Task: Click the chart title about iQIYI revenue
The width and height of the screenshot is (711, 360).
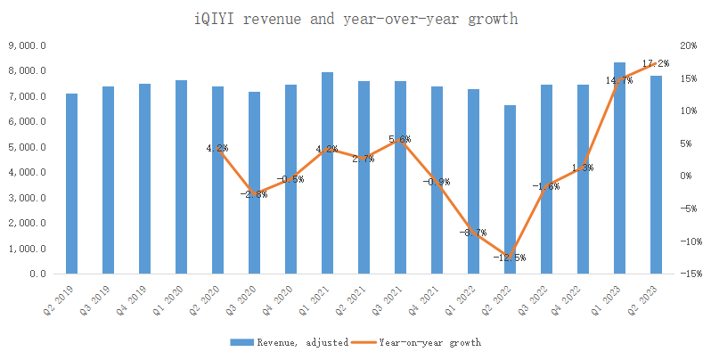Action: pyautogui.click(x=355, y=19)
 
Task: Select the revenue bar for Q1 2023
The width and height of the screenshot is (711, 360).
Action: pyautogui.click(x=619, y=169)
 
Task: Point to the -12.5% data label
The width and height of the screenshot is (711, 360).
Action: pyautogui.click(x=510, y=258)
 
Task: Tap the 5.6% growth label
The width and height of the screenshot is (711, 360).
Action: pyautogui.click(x=400, y=140)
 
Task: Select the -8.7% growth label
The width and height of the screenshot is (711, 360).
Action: pyautogui.click(x=473, y=233)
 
